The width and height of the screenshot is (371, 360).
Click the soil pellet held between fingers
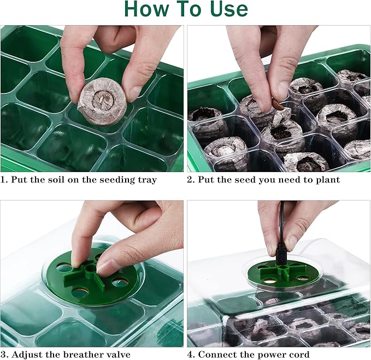(102, 101)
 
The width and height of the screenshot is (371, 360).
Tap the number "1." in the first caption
(5, 180)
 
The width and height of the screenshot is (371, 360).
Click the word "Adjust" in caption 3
(27, 355)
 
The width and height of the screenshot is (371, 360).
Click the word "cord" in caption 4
(298, 355)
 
